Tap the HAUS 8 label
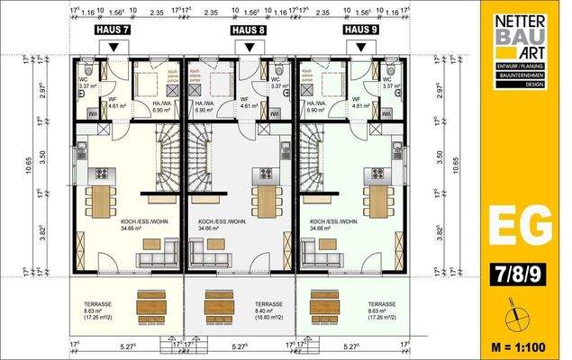249,30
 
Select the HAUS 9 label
360,30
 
